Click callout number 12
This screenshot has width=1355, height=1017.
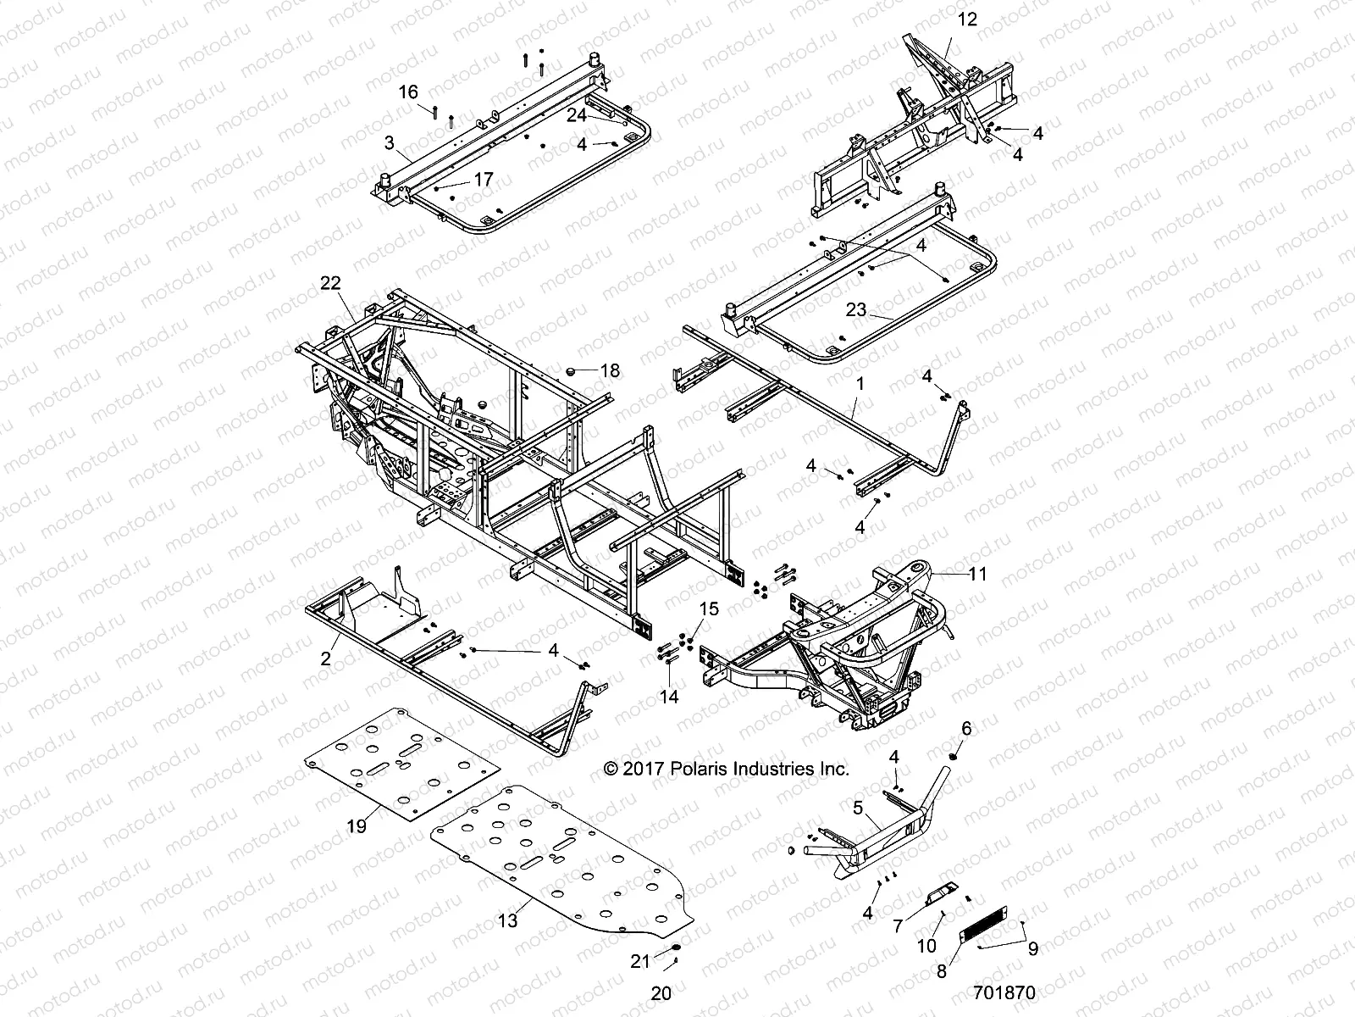(x=966, y=19)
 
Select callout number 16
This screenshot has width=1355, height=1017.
(x=408, y=92)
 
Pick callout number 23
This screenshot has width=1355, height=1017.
(x=856, y=310)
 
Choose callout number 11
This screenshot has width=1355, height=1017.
(x=977, y=574)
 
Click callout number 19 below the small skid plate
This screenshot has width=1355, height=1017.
(x=357, y=825)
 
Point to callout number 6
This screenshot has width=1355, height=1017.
(x=966, y=729)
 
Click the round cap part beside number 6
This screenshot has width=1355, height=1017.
(x=954, y=755)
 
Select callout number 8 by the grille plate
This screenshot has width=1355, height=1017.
(x=942, y=972)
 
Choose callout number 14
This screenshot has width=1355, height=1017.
(x=669, y=697)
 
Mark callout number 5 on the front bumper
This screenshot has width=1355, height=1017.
(x=857, y=809)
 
